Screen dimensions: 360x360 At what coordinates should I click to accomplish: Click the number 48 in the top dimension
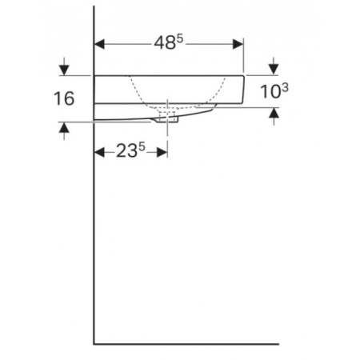(164, 46)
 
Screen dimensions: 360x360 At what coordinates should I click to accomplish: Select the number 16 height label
(64, 98)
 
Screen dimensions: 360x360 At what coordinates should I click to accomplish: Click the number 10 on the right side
(270, 93)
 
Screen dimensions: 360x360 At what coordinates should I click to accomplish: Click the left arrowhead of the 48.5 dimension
(100, 44)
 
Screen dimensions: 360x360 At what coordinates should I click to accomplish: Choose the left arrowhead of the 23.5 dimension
(100, 151)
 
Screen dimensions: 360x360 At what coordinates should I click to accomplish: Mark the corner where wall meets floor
(95, 344)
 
